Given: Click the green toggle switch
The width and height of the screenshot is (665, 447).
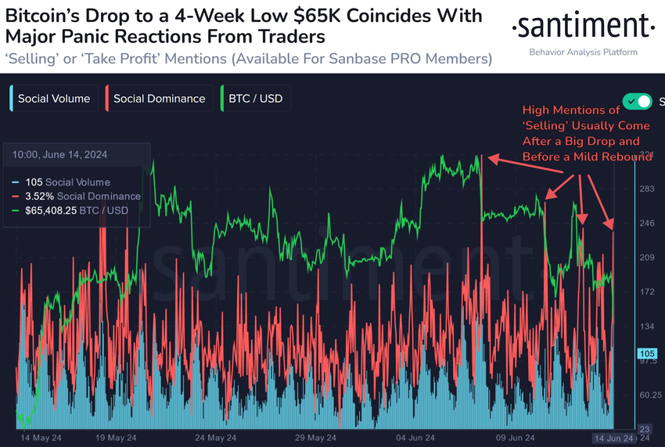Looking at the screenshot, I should click(x=637, y=101).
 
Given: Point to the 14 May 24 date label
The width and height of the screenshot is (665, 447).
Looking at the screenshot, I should click(x=35, y=438).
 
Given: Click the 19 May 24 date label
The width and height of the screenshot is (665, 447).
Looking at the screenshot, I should click(x=115, y=438).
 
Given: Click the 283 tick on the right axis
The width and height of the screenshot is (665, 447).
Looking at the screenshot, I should click(x=647, y=189).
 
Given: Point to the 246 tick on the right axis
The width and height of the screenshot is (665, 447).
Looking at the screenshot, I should click(x=647, y=223).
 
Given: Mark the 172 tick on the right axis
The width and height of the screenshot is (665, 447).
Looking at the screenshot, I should click(x=647, y=291).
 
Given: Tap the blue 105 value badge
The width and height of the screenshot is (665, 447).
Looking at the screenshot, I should click(x=647, y=352).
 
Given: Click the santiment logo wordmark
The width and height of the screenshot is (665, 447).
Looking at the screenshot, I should click(x=583, y=28).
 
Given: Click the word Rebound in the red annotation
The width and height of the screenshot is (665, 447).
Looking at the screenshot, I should click(x=627, y=157).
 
